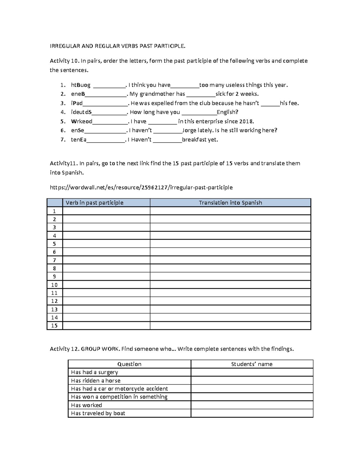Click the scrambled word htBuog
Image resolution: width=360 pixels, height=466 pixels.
click(80, 85)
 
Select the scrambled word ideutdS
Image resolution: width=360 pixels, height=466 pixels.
click(81, 112)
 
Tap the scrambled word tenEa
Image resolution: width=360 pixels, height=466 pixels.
click(79, 140)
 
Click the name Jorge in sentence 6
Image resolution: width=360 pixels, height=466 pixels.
click(189, 131)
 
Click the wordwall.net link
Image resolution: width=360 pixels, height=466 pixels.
click(141, 188)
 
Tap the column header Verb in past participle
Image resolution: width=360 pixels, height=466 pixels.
click(94, 203)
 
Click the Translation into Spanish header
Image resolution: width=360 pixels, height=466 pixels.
click(230, 203)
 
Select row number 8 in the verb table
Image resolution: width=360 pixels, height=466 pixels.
click(54, 269)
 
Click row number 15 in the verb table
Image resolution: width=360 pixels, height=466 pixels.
click(54, 326)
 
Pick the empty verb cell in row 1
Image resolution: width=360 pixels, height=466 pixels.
click(106, 211)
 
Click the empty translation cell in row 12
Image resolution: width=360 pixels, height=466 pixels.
click(230, 301)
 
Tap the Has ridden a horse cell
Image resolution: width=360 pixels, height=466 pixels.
click(96, 380)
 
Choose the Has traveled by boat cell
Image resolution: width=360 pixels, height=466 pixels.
click(98, 413)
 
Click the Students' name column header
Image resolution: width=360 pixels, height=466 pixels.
click(252, 364)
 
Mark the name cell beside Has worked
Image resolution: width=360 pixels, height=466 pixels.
click(252, 405)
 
